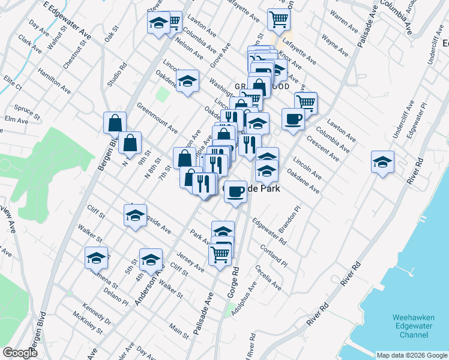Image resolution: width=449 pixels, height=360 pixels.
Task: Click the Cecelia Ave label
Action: (x=268, y=278)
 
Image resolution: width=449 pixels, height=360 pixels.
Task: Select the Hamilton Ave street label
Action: (x=55, y=80)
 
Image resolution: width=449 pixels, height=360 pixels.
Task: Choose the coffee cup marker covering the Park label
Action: (x=235, y=191)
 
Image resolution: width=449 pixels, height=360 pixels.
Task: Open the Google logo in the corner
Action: (x=20, y=353)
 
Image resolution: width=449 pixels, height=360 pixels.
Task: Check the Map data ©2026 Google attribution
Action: (x=411, y=355)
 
